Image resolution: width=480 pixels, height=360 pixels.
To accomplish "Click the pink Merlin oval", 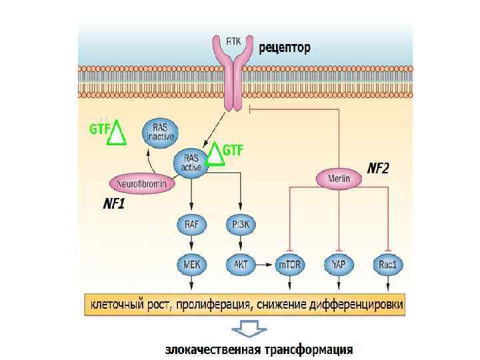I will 339,178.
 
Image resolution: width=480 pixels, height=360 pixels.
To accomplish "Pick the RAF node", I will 191,225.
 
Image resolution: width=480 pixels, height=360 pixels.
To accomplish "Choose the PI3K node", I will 241,225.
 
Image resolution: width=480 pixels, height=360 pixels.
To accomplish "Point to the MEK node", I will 191,265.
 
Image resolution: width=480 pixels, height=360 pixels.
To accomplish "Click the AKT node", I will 241,265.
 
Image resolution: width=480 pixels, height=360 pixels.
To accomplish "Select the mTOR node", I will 290,265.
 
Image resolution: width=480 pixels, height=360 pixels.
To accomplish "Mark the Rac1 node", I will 388,265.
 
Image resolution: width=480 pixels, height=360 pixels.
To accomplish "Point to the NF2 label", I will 377,167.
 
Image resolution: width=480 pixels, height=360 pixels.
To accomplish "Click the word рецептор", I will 285,48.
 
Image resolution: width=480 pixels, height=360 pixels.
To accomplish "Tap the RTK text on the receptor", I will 233,40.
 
